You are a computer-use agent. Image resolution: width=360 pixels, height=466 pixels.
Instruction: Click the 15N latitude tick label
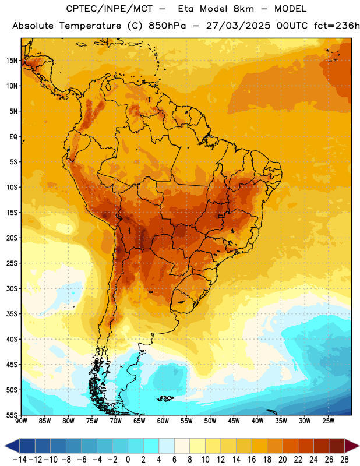click(12, 61)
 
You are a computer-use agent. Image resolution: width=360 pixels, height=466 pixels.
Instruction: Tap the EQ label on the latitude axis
click(13, 137)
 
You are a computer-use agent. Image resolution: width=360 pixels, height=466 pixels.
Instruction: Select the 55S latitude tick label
click(12, 415)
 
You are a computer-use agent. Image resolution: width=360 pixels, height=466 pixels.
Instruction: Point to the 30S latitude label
click(12, 288)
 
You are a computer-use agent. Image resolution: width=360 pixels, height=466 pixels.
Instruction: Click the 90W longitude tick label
click(21, 421)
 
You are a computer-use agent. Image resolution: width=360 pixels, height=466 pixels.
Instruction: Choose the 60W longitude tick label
click(163, 421)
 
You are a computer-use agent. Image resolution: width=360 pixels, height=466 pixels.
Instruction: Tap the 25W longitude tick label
click(328, 421)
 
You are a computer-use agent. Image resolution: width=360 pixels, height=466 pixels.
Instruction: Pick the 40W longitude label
click(257, 421)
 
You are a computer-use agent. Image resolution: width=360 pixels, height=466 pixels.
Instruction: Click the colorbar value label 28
click(344, 460)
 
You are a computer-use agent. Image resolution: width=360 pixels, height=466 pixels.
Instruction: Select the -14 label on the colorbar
click(20, 460)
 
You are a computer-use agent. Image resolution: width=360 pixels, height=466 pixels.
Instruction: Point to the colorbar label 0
click(128, 460)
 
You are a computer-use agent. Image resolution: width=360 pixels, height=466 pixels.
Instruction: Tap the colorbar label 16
click(252, 460)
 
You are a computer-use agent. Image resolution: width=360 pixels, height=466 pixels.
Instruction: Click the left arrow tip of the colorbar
click(5, 446)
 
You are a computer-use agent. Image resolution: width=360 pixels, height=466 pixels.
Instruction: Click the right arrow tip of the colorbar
click(359, 446)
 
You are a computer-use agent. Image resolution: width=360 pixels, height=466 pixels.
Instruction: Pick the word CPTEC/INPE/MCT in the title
click(109, 9)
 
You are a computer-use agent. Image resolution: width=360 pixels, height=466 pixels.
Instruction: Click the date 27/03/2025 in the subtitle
click(238, 26)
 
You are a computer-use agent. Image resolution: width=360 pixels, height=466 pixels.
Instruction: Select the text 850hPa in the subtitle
click(167, 26)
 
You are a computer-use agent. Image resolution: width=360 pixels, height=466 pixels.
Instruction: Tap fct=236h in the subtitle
click(337, 26)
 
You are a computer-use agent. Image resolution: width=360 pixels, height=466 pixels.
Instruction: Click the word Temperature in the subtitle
click(90, 26)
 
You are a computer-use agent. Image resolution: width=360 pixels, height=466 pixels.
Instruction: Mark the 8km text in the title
click(243, 9)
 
